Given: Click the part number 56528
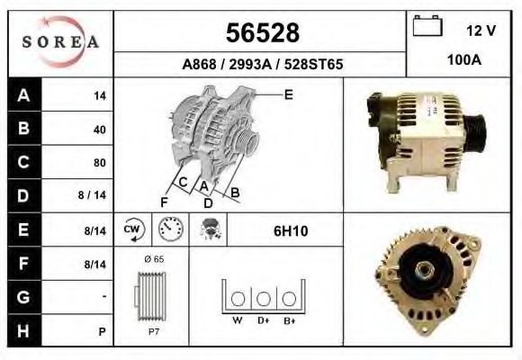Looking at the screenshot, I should [261, 32].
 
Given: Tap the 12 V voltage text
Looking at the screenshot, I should [481, 31].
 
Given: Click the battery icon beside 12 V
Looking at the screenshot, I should [427, 28].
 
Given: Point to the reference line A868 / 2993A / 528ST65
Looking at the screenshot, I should [261, 65].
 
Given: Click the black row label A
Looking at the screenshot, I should [22, 95].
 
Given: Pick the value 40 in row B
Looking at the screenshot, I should [100, 129].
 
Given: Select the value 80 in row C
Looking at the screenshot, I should [100, 163].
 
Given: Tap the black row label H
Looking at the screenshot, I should [22, 330].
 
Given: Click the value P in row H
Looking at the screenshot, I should [103, 331].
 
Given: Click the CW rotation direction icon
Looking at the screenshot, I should [133, 230].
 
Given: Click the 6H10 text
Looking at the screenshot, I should [291, 231].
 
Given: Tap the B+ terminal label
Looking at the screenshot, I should [289, 319].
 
